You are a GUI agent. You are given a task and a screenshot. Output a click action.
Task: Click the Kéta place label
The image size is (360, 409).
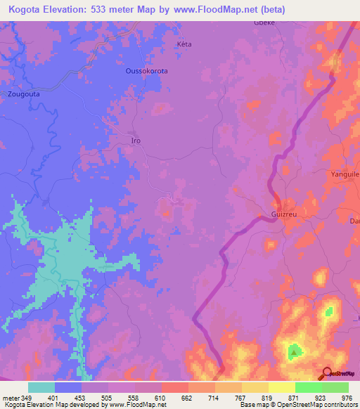[184, 44]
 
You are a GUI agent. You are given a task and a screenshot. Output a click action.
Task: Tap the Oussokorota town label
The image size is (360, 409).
[146, 71]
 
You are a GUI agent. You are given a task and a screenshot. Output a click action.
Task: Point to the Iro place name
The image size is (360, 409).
[136, 141]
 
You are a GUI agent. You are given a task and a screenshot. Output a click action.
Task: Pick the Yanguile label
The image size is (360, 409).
[345, 173]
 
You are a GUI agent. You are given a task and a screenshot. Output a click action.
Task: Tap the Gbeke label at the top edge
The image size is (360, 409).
[263, 22]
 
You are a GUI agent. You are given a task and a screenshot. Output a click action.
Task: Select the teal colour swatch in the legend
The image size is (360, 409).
[41, 387]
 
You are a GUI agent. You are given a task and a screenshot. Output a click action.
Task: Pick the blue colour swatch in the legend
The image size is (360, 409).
[68, 387]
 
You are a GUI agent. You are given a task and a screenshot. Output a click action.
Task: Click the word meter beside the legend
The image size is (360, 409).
[11, 398]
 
